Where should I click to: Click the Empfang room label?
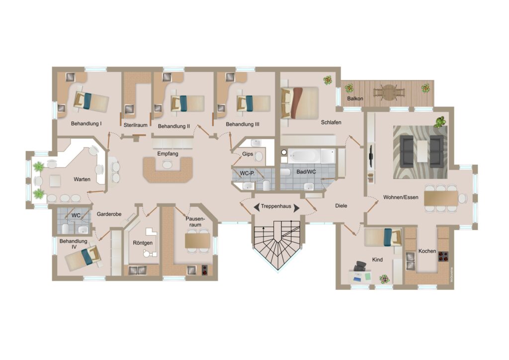coord(168,154)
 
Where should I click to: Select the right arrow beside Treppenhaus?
coord(296,208)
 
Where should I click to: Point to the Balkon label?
coord(355,98)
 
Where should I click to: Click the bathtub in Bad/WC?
coord(304,156)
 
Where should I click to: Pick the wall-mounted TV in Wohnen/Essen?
coord(371,157)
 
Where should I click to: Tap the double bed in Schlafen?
coord(300,102)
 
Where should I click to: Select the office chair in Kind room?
coord(359,266)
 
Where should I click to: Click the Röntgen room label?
coord(143,243)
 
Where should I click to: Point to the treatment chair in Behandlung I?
coord(91,101)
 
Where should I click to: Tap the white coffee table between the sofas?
coord(423,151)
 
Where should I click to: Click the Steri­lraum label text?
coord(135,125)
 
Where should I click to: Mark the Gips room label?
coord(248,154)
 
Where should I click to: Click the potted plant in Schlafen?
coord(328,80)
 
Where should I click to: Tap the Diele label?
coord(341,206)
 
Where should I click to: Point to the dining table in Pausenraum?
coord(198,241)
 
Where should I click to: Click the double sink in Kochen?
coord(410,261)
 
